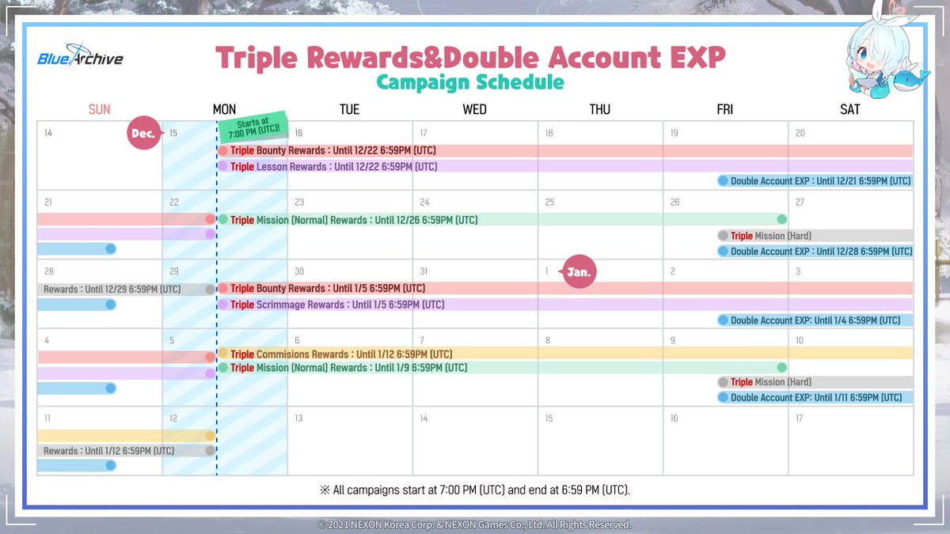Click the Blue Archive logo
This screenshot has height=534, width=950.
coord(80,55)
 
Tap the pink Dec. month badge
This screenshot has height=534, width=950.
coord(144,133)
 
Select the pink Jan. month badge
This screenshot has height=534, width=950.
coord(578,271)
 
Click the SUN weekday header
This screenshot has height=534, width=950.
coord(99,109)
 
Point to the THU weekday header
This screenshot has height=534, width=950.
coord(600,109)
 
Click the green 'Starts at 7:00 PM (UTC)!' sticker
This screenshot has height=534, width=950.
coord(253,127)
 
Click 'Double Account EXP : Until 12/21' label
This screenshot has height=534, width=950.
coord(820,181)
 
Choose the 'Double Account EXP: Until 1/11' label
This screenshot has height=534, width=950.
coord(816,397)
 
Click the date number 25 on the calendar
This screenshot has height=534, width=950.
coord(549,203)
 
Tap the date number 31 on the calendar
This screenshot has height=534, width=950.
coord(424,271)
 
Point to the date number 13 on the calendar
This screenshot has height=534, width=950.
coord(298,418)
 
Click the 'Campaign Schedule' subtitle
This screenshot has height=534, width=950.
coord(470,82)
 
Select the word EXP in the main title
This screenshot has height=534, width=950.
coord(698,58)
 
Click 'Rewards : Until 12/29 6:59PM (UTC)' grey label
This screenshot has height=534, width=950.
coord(112,290)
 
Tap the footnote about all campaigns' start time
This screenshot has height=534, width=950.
coord(475,490)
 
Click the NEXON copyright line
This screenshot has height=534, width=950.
coord(474,525)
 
